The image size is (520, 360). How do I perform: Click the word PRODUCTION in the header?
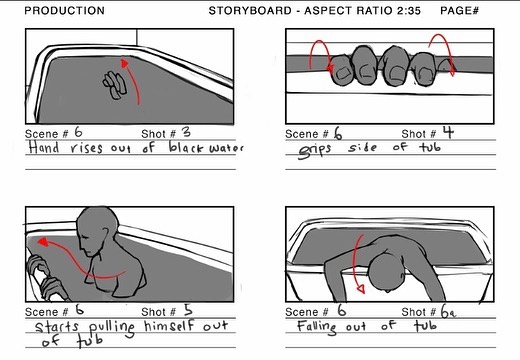pos(65,11)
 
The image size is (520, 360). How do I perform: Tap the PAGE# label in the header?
pos(459,11)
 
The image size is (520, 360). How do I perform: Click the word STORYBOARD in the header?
pos(250,11)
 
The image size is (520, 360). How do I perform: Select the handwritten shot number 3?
pos(186,132)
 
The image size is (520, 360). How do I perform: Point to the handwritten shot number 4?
pos(448,132)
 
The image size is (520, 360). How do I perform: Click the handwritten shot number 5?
pos(188,310)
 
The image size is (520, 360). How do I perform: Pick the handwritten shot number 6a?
pos(448,312)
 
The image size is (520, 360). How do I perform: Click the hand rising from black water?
pos(115,85)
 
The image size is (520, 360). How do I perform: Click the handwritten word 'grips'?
pos(314,150)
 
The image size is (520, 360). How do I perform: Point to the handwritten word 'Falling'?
pos(317,326)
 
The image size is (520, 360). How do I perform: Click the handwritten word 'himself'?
pos(169,326)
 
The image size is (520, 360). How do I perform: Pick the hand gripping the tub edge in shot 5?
pos(43,278)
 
